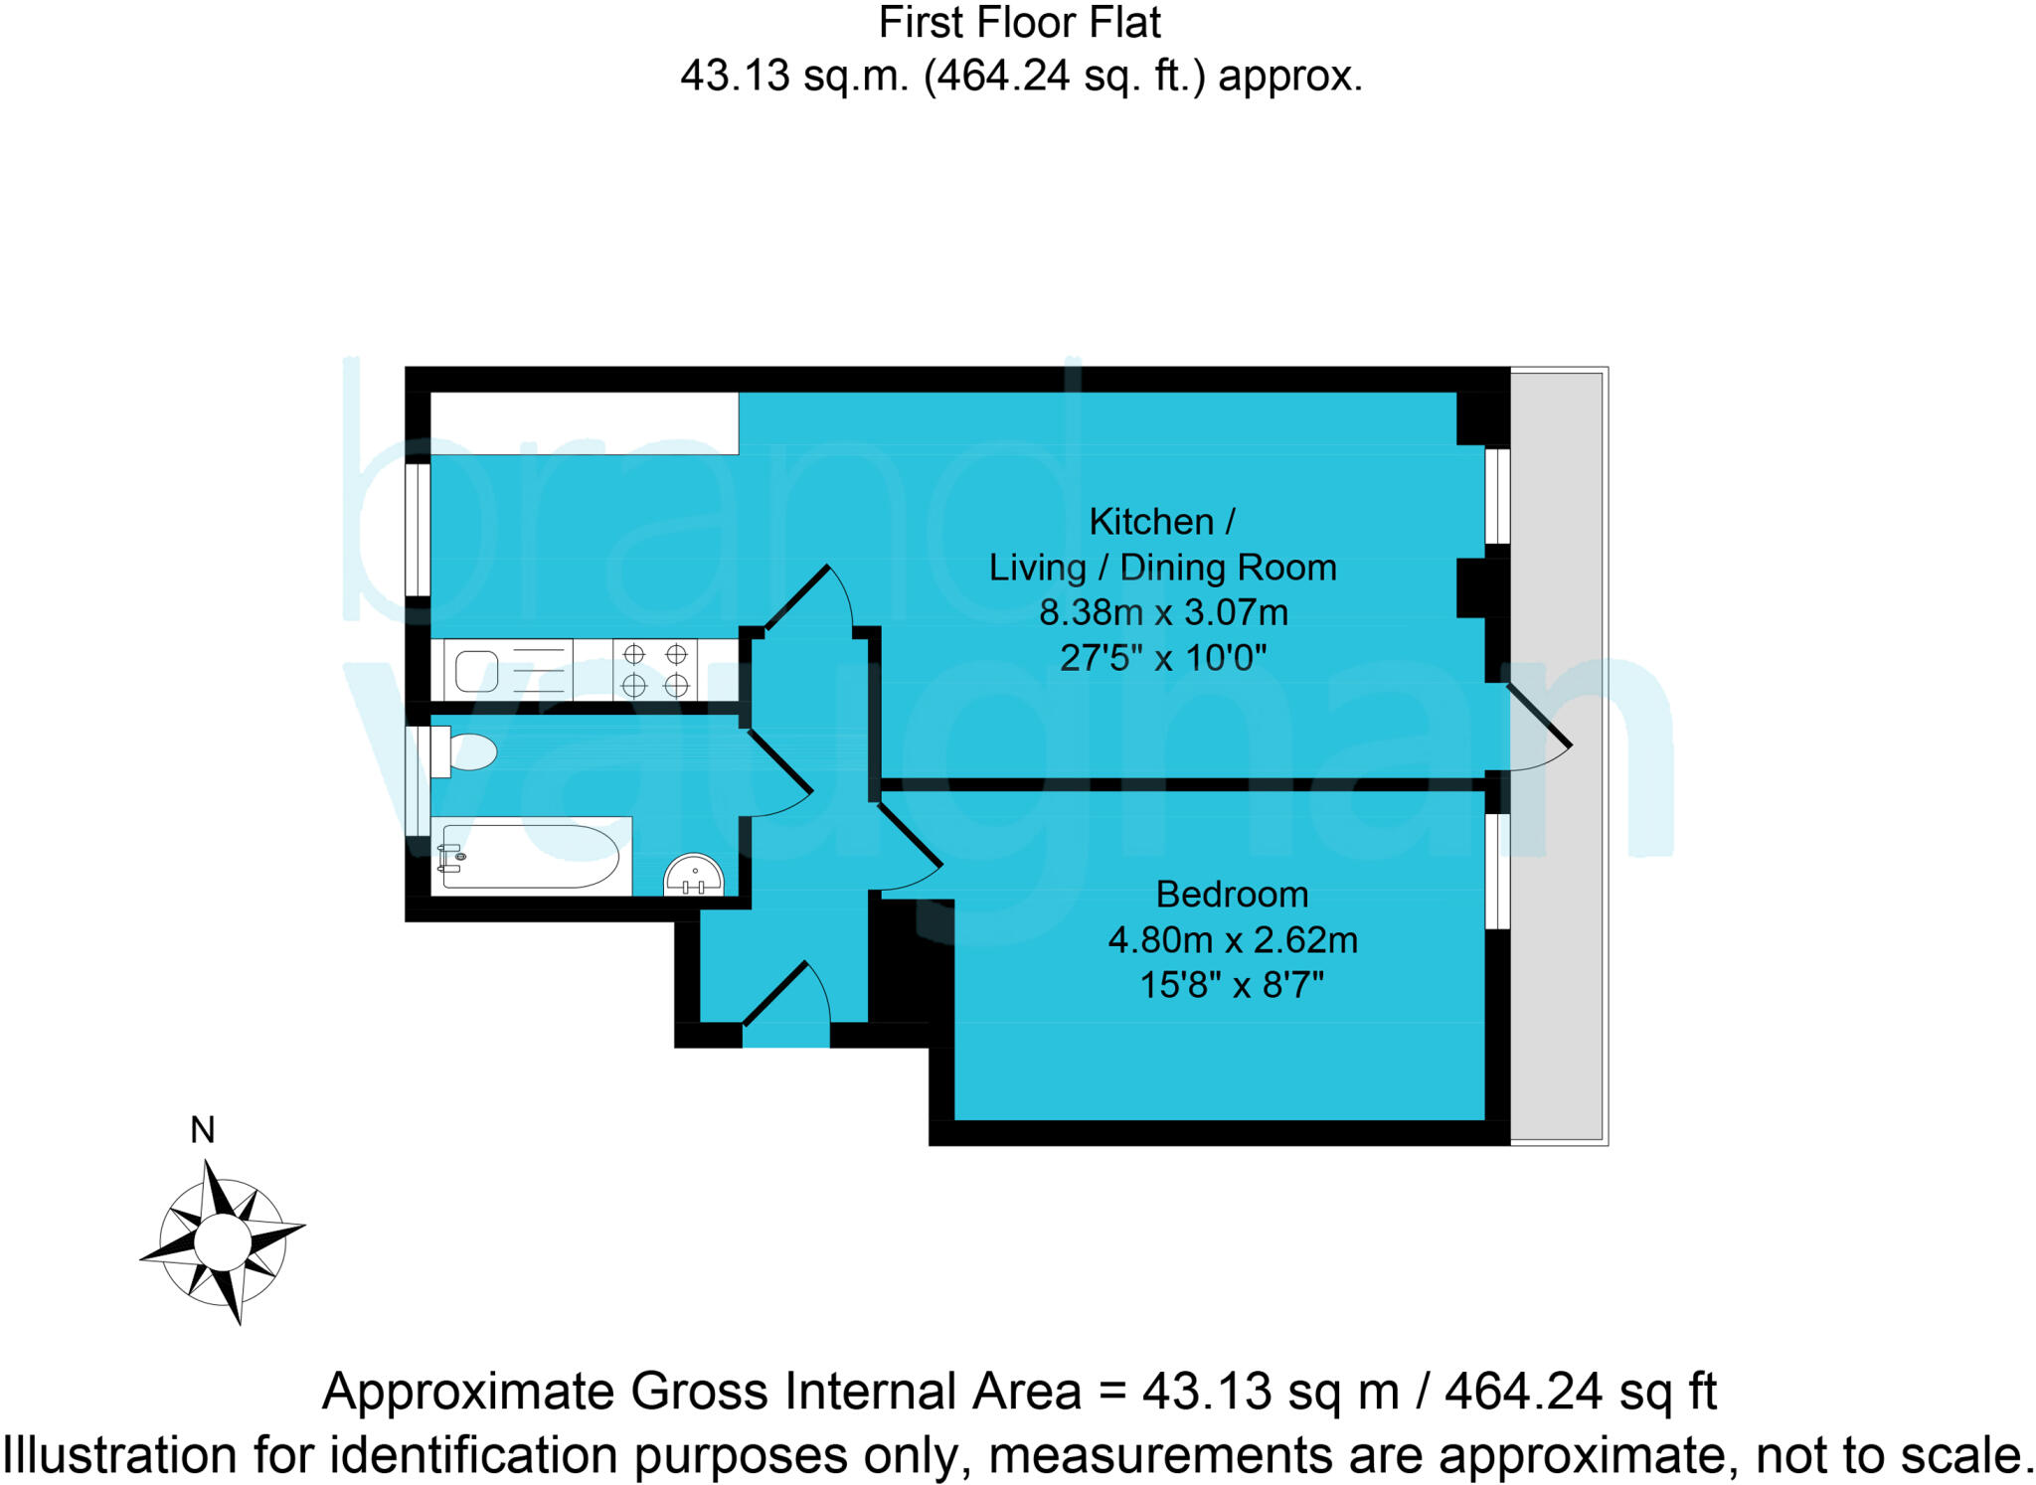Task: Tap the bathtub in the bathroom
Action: pyautogui.click(x=529, y=856)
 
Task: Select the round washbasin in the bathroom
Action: pyautogui.click(x=693, y=876)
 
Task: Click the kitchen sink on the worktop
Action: pyautogui.click(x=477, y=671)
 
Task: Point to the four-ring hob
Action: pyautogui.click(x=655, y=670)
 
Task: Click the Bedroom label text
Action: pyautogui.click(x=1231, y=895)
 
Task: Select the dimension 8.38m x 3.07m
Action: pyautogui.click(x=1163, y=612)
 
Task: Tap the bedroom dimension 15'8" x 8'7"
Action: pyautogui.click(x=1231, y=985)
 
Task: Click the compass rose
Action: pyautogui.click(x=223, y=1241)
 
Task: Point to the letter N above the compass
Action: pyautogui.click(x=203, y=1130)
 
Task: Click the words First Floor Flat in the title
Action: pyautogui.click(x=1019, y=24)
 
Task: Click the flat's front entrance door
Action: pyautogui.click(x=786, y=996)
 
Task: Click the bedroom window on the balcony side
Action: pyautogui.click(x=1497, y=871)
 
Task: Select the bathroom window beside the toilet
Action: pyautogui.click(x=418, y=780)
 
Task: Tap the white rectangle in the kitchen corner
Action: pyautogui.click(x=585, y=423)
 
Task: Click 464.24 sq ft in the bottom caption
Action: pyautogui.click(x=1580, y=1392)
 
